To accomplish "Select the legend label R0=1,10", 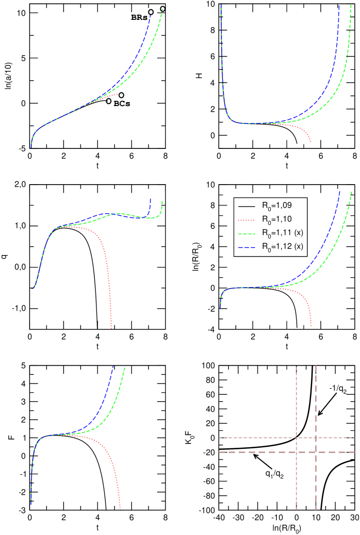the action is pos(277,220).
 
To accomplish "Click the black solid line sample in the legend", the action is pos(246,206).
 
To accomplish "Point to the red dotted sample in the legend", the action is pos(246,220).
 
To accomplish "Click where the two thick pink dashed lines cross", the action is pos(316,452).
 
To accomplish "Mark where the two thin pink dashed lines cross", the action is pos(296,438).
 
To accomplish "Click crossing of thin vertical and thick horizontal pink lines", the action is pos(296,452).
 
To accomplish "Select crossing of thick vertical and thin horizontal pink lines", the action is pos(316,438).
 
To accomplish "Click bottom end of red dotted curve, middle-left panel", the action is pos(111,327).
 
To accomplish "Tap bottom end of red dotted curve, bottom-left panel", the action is pos(120,507).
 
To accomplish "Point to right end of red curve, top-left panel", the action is pos(122,94).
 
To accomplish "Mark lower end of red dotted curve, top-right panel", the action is pos(311,142).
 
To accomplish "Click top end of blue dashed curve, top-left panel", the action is pos(150,15).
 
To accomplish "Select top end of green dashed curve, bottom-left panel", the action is pos(125,367).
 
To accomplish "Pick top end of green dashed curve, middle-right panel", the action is pos(351,192).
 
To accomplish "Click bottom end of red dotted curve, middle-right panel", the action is pos(311,325).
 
